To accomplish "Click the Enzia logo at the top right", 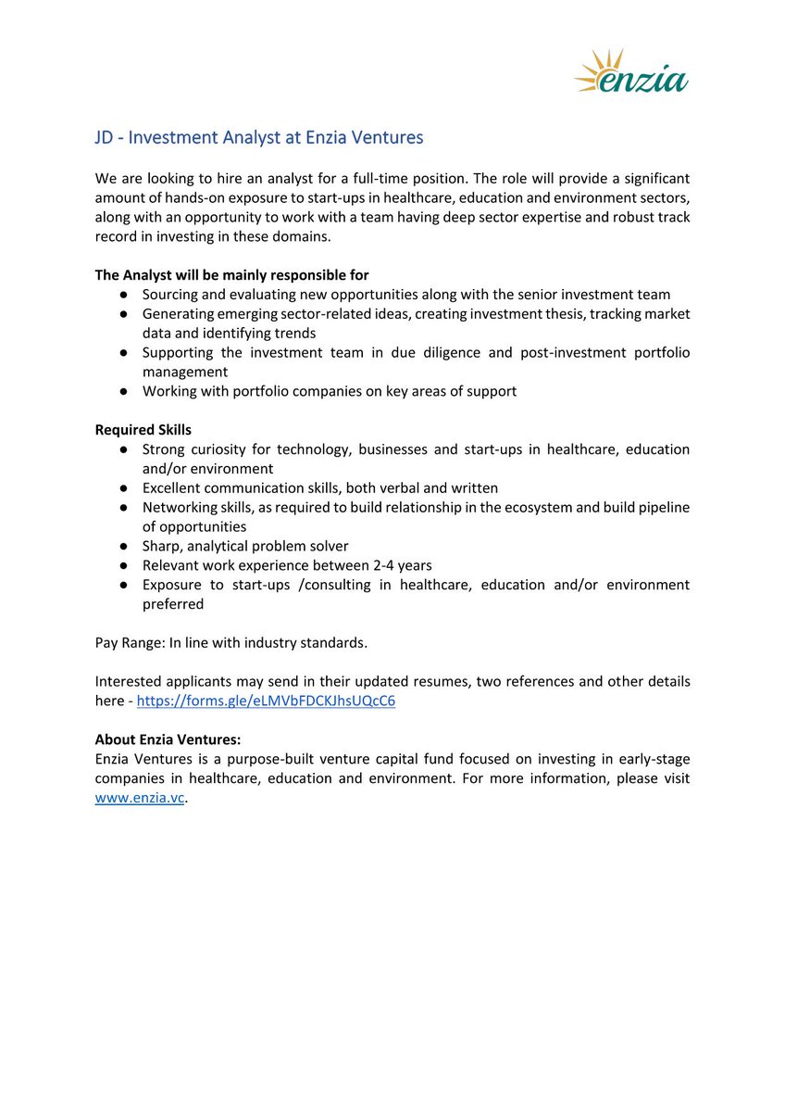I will (x=631, y=72).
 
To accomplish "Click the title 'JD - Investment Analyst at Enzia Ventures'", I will (x=259, y=138).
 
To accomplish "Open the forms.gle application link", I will (x=266, y=701).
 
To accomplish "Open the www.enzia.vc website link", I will (x=140, y=798).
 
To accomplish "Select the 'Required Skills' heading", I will (x=143, y=430).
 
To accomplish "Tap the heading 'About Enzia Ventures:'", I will (x=168, y=739).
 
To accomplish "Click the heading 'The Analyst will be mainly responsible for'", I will (x=231, y=275).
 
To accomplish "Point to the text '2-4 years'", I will (x=402, y=565).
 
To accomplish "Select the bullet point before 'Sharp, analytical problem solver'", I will (x=124, y=547).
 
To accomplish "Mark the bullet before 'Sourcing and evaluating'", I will (x=124, y=295).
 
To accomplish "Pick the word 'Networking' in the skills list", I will (x=178, y=508).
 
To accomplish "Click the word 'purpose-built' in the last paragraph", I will (x=269, y=759).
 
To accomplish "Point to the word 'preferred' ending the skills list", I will (x=173, y=604).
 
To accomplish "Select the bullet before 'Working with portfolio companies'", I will (x=124, y=392).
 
